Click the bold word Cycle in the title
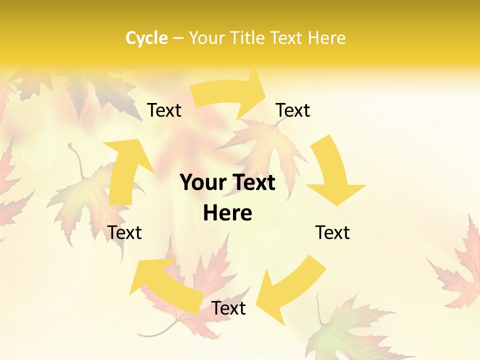[146, 38]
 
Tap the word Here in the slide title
[327, 38]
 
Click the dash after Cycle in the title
[178, 38]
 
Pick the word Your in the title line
[206, 38]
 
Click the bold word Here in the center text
[227, 213]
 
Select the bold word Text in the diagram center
[253, 183]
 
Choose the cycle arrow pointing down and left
[290, 290]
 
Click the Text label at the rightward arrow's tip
[293, 110]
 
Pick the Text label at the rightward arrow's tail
[164, 110]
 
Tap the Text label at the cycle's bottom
[228, 308]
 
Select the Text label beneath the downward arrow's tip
[332, 232]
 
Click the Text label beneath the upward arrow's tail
[125, 232]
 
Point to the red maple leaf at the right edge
[462, 270]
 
